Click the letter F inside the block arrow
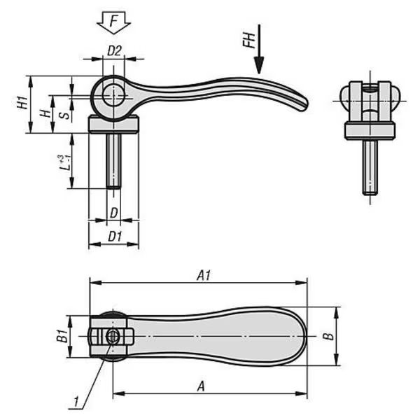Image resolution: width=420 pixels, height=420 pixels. tap(114, 21)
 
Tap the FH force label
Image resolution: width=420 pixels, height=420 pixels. tap(249, 41)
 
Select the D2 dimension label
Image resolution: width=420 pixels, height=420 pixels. tap(114, 51)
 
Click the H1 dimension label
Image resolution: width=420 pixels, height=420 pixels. tap(23, 102)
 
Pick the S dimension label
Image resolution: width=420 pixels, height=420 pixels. tap(64, 115)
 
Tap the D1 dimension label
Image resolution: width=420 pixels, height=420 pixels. tap(115, 237)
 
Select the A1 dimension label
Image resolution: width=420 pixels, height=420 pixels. tap(204, 275)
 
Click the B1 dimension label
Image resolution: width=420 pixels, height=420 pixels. tap(62, 336)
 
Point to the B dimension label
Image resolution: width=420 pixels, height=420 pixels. tap(328, 337)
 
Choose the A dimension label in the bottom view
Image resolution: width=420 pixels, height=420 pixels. tap(201, 386)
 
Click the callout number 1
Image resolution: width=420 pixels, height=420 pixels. tap(76, 402)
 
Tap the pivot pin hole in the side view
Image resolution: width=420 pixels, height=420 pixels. tap(113, 94)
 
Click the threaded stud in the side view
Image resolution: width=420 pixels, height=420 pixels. tap(113, 161)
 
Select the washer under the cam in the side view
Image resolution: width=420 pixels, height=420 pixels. tap(113, 124)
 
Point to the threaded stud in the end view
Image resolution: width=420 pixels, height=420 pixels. tap(370, 167)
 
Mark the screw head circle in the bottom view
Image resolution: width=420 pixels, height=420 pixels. tap(113, 337)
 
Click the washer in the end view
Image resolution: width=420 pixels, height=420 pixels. tap(370, 131)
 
